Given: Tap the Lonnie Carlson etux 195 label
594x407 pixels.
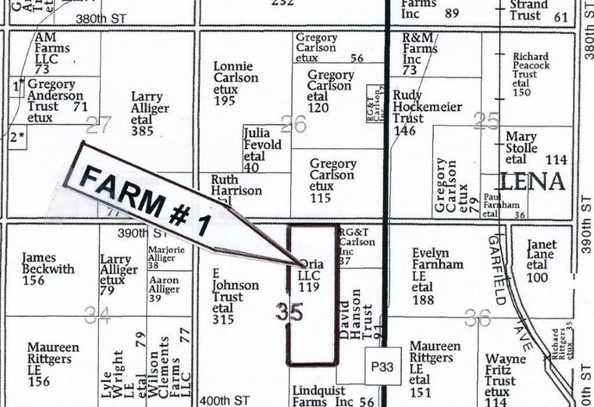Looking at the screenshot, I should click(236, 83).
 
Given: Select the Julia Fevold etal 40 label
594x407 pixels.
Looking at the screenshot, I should click(263, 150).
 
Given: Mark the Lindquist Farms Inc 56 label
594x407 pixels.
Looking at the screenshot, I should click(331, 395).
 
